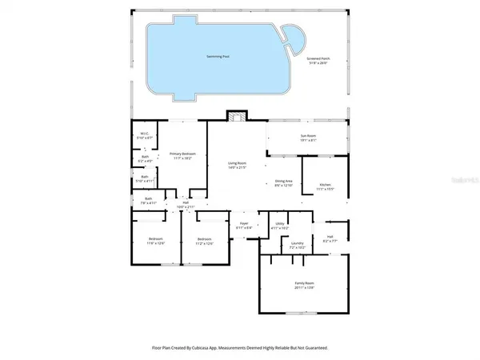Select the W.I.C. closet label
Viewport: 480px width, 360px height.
(x=145, y=134)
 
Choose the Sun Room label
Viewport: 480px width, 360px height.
(x=307, y=138)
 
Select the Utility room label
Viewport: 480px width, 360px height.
(x=279, y=225)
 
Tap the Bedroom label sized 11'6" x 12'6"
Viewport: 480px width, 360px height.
(x=155, y=241)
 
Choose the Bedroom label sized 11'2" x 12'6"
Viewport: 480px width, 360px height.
(x=205, y=241)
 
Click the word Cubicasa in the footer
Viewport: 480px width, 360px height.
(x=206, y=348)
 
